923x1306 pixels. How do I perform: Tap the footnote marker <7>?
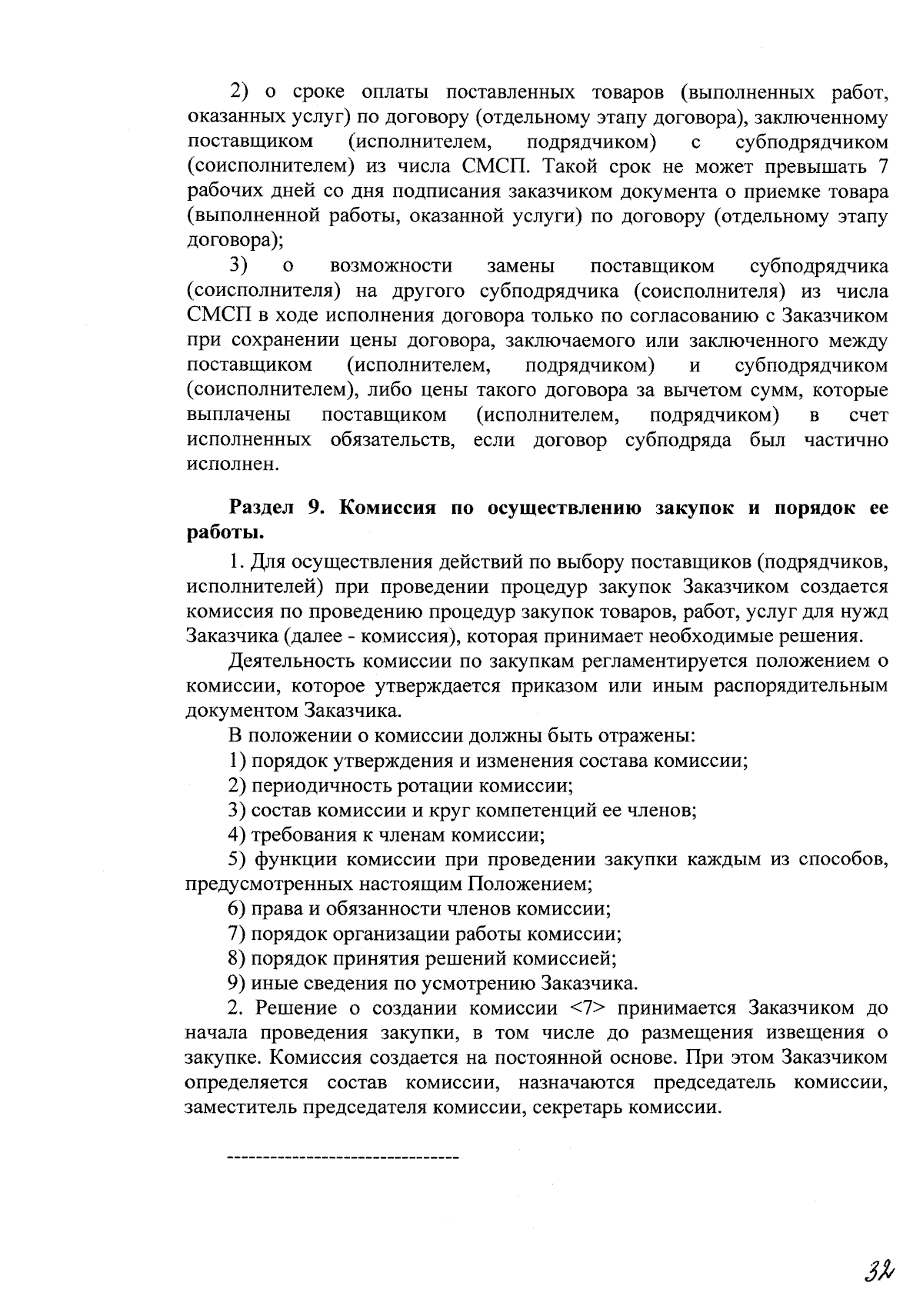[x=588, y=1008]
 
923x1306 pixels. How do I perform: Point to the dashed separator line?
[x=343, y=1157]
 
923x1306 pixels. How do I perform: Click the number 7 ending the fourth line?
[x=882, y=167]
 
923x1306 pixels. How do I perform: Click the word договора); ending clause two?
[x=235, y=241]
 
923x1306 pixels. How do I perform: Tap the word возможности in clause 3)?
[x=391, y=266]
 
